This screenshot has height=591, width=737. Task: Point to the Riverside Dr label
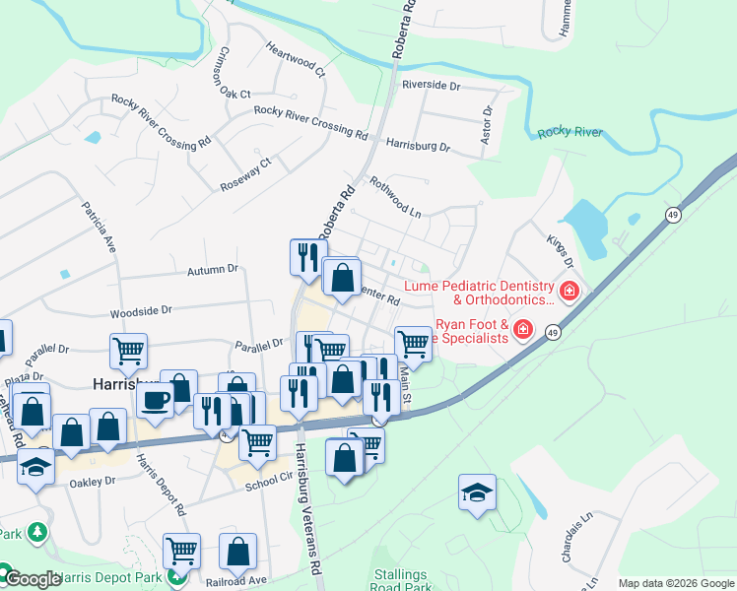(431, 86)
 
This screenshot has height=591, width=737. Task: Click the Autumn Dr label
(213, 268)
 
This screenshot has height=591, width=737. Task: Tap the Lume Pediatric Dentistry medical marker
(569, 292)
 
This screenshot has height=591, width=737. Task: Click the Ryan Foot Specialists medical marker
(523, 329)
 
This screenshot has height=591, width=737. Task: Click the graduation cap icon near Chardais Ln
(477, 492)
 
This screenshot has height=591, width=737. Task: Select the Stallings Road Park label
(402, 580)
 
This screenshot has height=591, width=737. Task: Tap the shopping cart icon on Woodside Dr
(129, 349)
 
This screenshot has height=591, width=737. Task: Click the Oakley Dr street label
(93, 483)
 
